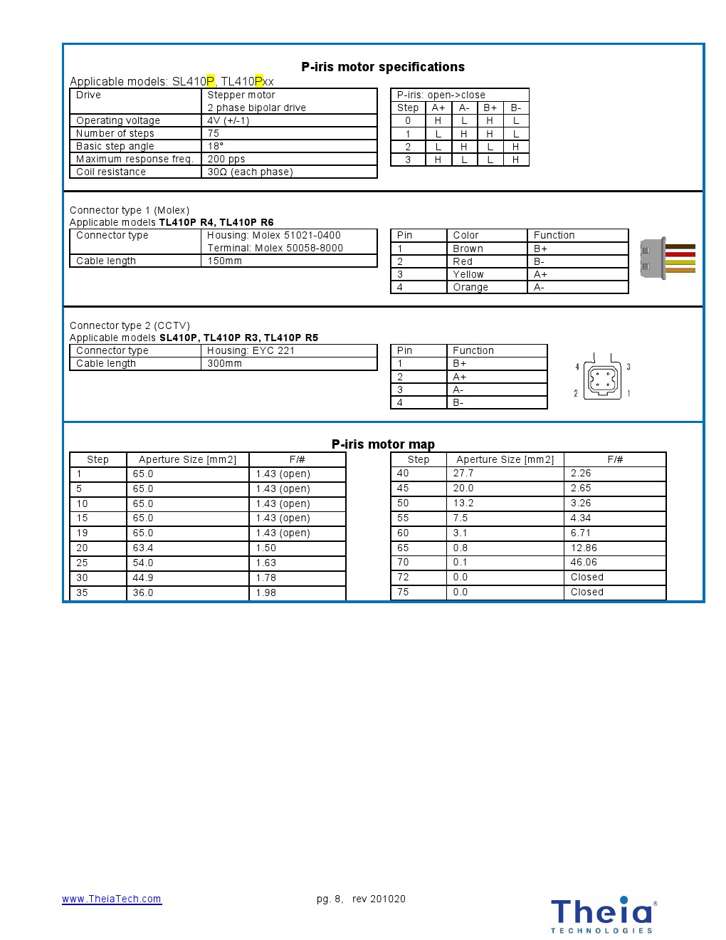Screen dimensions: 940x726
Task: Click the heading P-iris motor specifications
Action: pyautogui.click(x=383, y=67)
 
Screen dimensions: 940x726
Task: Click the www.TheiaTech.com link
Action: pyautogui.click(x=112, y=899)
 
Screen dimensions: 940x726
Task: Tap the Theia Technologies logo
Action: pyautogui.click(x=603, y=914)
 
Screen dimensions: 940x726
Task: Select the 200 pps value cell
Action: pyautogui.click(x=226, y=159)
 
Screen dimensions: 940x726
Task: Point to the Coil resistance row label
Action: pyautogui.click(x=111, y=172)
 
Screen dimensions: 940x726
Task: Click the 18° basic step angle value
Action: pyautogui.click(x=216, y=146)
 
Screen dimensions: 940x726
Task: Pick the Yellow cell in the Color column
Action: pyautogui.click(x=468, y=274)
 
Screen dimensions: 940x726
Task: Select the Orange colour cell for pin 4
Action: pyautogui.click(x=470, y=287)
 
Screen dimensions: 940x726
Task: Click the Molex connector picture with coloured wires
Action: pyautogui.click(x=667, y=258)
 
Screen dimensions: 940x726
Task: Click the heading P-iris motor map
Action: pyautogui.click(x=383, y=444)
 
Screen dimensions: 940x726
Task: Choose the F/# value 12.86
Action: pyautogui.click(x=584, y=548)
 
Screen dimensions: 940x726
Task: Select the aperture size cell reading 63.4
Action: pyautogui.click(x=143, y=548)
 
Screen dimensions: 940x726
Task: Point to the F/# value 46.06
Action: pyautogui.click(x=584, y=562)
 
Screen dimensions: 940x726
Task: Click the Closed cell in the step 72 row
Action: pyautogui.click(x=586, y=577)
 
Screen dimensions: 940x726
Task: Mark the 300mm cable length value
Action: pyautogui.click(x=225, y=363)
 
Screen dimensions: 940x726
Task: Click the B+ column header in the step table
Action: pyautogui.click(x=490, y=108)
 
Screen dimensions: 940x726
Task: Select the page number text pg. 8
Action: pyautogui.click(x=330, y=899)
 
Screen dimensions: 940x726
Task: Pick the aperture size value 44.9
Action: pyautogui.click(x=143, y=578)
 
